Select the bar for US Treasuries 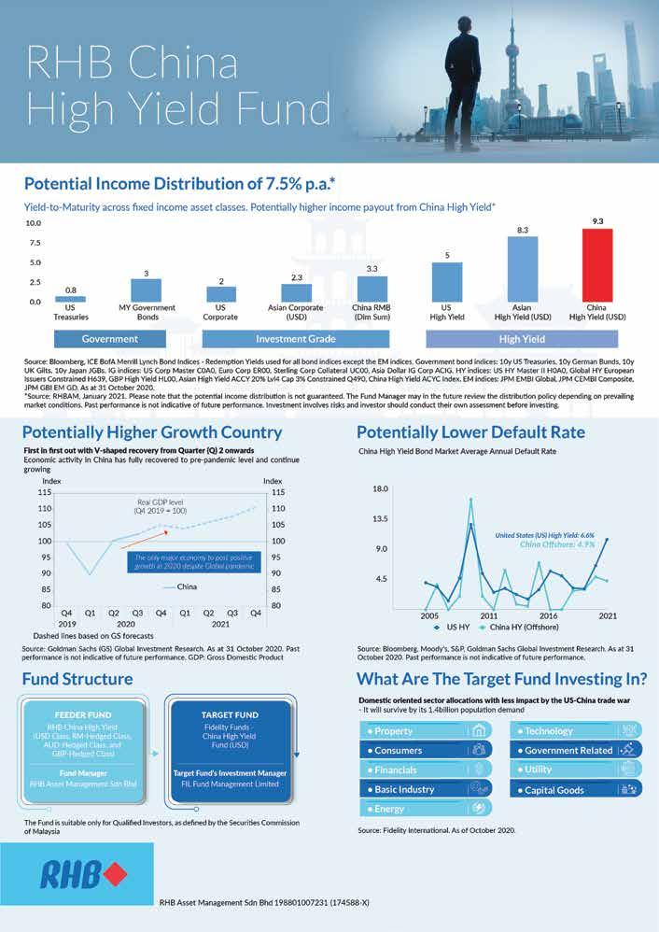[71, 299]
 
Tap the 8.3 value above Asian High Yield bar [523, 229]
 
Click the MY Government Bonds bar [147, 290]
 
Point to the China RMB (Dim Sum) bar [372, 289]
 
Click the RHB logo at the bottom [90, 876]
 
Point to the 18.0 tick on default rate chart [380, 488]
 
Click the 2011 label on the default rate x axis [488, 616]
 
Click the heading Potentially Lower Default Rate [470, 432]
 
